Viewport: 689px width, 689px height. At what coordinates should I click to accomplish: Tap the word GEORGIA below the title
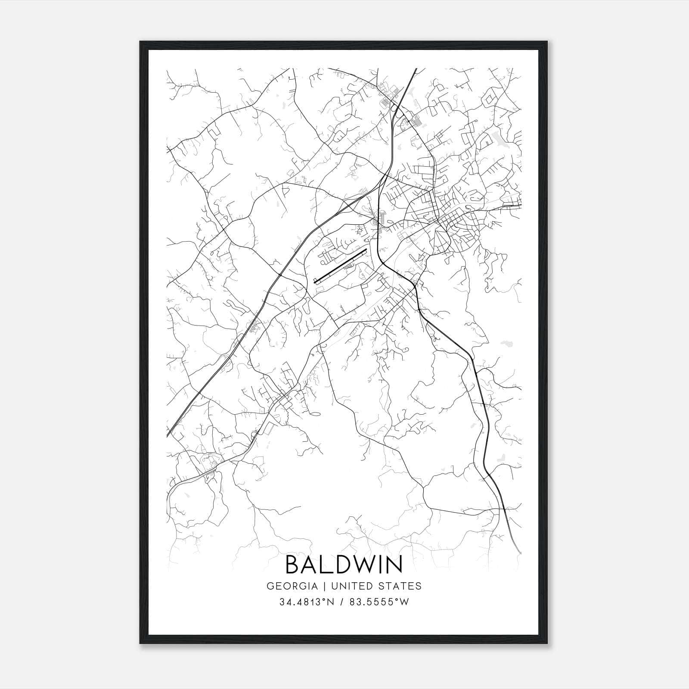(292, 586)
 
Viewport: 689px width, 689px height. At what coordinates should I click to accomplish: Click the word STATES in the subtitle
(400, 586)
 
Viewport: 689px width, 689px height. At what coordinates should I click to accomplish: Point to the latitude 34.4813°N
(307, 602)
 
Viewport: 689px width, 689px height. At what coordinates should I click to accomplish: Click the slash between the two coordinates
(341, 602)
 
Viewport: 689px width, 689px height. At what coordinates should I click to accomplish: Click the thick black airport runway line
(340, 266)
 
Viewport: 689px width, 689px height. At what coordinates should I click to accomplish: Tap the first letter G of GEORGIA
(270, 586)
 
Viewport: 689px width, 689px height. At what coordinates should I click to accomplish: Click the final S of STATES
(419, 586)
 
